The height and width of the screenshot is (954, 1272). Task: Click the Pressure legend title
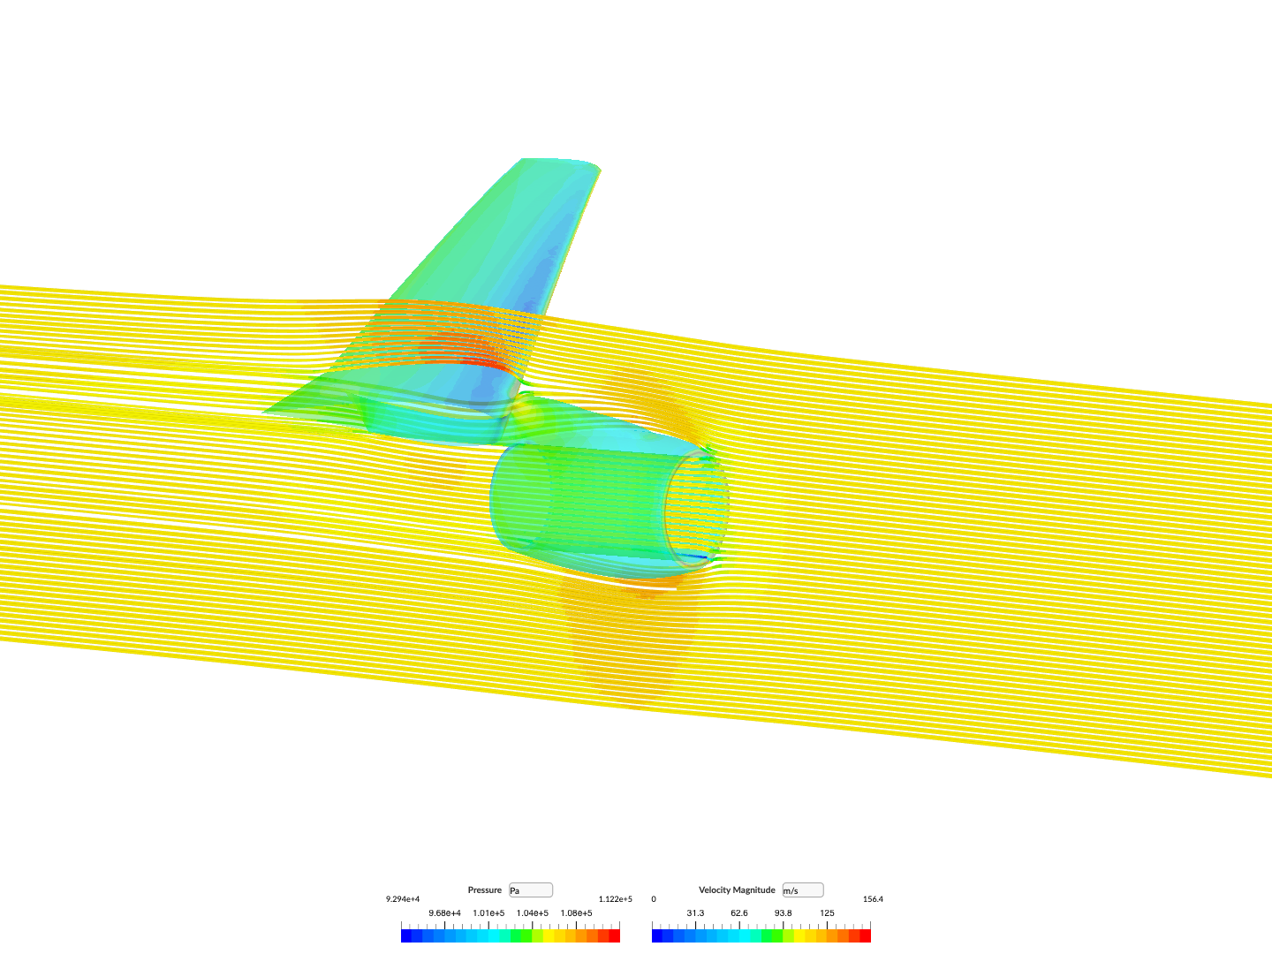484,890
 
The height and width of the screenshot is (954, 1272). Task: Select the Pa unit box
530,890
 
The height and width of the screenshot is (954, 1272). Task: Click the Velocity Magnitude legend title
737,890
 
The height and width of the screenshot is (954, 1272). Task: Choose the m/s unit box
803,890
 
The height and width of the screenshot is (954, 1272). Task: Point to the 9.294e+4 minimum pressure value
403,899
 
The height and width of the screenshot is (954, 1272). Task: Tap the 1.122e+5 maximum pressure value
616,899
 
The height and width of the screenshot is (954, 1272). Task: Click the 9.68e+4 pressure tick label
444,912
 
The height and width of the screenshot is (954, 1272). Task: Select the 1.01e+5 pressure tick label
488,912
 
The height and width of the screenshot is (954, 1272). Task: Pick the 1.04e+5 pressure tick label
533,912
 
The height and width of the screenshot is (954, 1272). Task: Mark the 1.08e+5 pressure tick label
576,912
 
